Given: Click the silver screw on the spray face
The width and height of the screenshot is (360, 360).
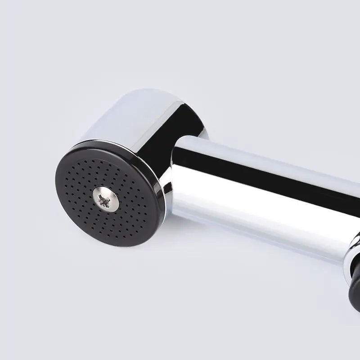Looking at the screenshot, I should [x=106, y=198].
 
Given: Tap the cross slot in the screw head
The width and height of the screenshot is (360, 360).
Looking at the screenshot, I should [x=106, y=199].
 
